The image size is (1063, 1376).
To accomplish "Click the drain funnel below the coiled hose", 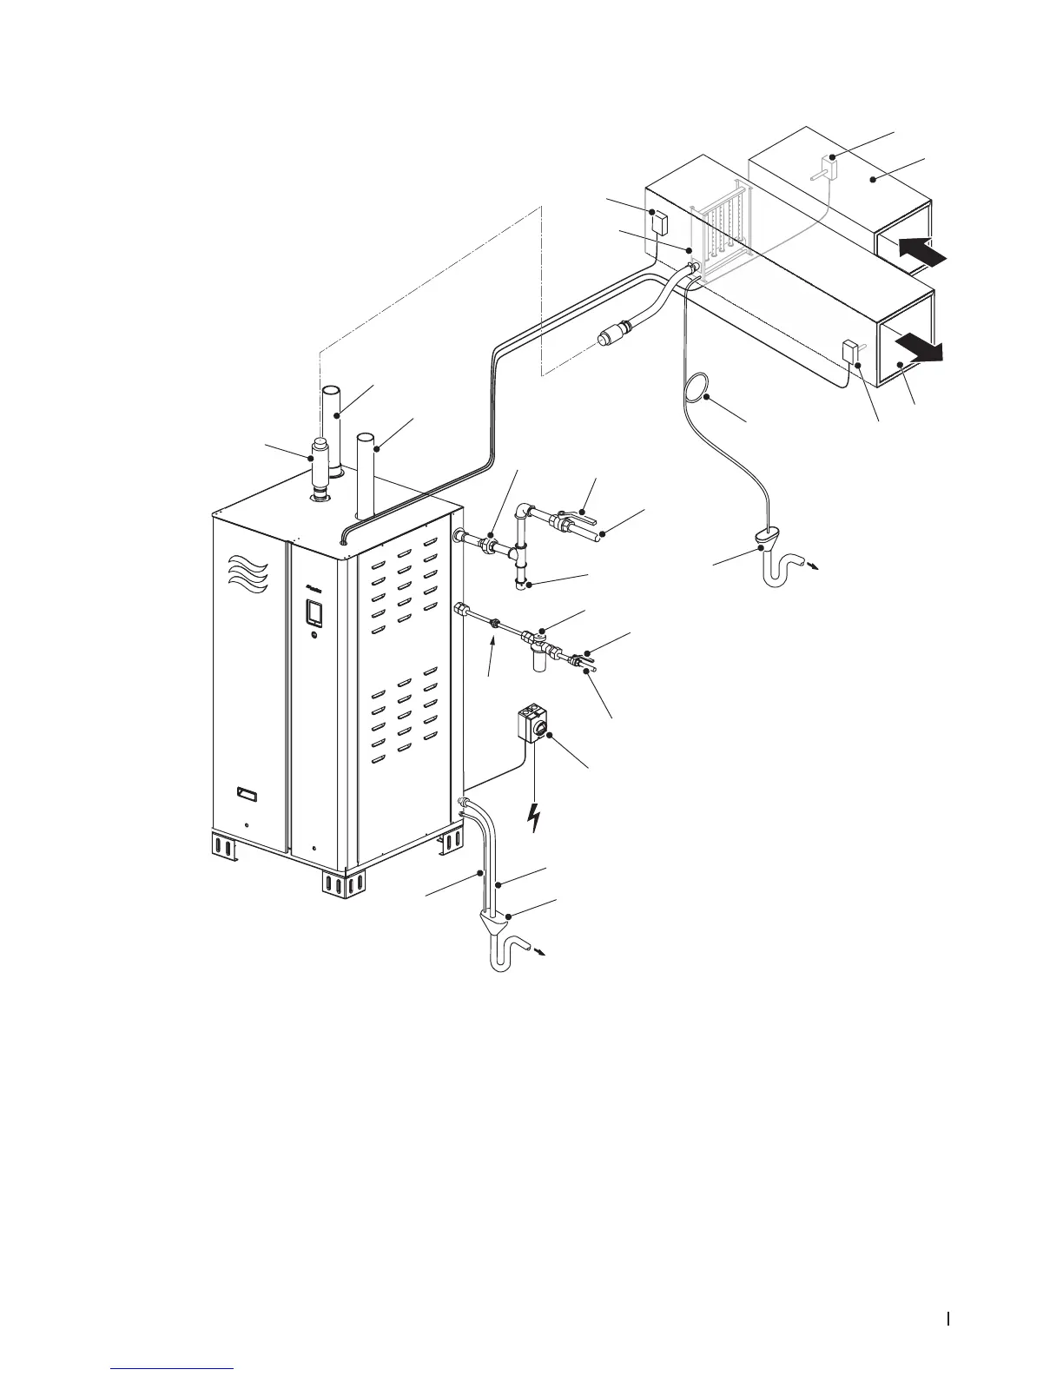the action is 767,540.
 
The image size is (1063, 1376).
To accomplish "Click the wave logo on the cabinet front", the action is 249,574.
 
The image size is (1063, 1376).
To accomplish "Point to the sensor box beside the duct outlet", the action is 849,354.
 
